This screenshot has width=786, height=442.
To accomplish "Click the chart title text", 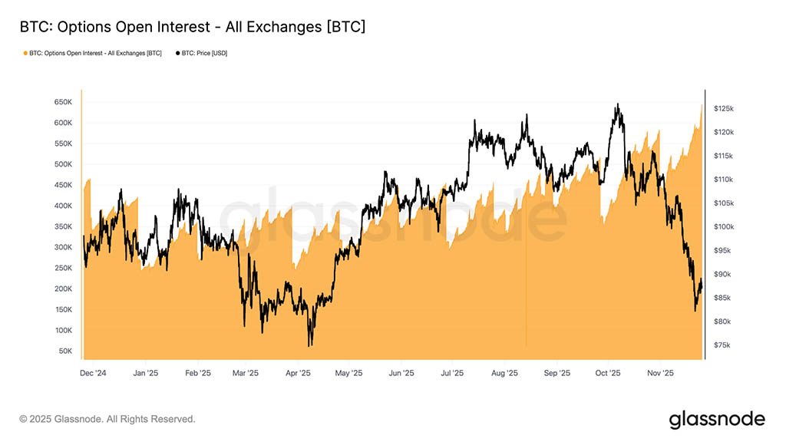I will pos(192,28).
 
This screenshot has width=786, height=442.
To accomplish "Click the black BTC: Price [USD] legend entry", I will pos(203,53).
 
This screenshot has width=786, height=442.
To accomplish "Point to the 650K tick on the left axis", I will pos(62,102).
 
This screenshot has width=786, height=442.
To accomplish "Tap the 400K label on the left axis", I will pos(62,206).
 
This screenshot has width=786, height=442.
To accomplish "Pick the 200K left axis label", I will pos(62,289).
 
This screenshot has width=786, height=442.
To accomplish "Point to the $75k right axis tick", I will pos(723,345).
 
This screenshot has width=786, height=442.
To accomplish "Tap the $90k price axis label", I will pos(723,275).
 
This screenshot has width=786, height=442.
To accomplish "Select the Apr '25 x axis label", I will pos(297,374).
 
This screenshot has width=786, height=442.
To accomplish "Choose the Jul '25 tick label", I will pos(451,374).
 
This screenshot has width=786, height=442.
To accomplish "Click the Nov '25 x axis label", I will pos(660,374).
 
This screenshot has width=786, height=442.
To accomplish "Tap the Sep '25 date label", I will pos(556,374).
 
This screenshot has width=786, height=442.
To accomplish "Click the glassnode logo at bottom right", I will pos(717,419).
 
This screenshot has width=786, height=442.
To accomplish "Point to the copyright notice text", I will pos(107,419).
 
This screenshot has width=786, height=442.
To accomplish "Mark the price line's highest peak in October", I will pos(617,104).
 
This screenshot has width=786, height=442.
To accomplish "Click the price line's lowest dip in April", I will pos(310,345).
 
